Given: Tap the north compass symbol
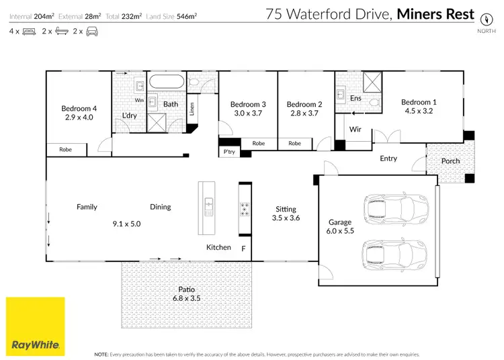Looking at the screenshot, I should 482,19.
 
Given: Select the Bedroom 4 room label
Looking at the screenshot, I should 79,108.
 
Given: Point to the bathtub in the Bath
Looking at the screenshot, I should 165,84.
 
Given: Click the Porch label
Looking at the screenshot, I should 450,161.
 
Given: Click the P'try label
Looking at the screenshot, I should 229,152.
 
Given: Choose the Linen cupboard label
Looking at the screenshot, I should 192,107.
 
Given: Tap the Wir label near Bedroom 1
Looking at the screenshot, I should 356,129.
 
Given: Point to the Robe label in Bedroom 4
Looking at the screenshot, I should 65,149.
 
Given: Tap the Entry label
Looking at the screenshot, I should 388,159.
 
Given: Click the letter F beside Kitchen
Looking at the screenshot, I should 243,248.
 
